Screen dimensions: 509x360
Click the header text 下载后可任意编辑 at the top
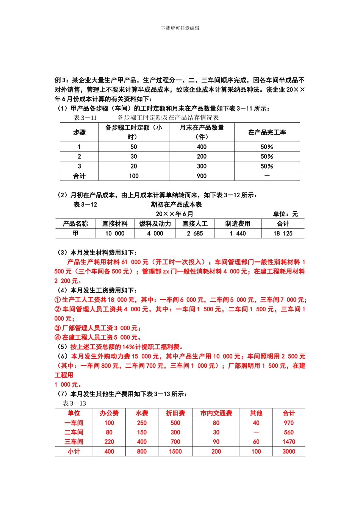(180, 28)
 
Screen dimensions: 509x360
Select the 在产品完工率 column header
(267, 133)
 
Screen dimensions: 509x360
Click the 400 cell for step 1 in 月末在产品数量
(202, 147)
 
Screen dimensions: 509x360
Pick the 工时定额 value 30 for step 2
(134, 157)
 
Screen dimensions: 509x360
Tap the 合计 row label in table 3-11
(79, 176)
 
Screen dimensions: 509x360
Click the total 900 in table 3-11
(202, 176)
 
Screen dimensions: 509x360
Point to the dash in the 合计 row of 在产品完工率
(267, 176)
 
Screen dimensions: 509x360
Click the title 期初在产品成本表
(176, 205)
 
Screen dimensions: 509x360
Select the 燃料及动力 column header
(155, 224)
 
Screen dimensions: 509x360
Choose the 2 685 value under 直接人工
(195, 234)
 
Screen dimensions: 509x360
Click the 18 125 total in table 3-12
(283, 234)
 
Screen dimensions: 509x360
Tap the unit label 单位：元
(285, 214)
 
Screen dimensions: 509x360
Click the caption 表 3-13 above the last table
(74, 404)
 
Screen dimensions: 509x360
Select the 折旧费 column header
(175, 413)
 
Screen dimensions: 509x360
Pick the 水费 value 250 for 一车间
(142, 423)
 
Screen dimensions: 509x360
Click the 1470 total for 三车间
(289, 442)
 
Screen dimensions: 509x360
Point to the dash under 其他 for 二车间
(256, 432)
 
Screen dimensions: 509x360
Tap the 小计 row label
(74, 451)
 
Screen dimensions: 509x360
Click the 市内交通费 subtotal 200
(216, 451)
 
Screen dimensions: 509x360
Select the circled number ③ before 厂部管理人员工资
(58, 328)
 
